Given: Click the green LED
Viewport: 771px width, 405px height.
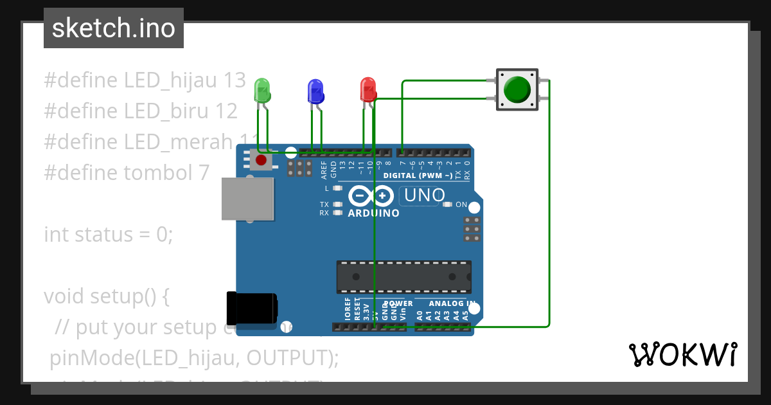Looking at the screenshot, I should (x=262, y=90).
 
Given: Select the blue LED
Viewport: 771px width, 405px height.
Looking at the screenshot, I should (x=315, y=91).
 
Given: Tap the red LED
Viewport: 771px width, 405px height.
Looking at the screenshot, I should (x=368, y=89).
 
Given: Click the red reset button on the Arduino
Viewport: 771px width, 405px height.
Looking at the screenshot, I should (x=261, y=160).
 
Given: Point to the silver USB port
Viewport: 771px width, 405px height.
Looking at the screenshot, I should (x=247, y=199).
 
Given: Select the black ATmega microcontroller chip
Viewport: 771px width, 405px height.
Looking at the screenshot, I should (x=404, y=276).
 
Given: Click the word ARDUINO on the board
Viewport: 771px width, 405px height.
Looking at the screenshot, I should (x=373, y=213).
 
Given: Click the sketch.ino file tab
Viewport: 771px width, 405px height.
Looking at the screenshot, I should (x=114, y=28).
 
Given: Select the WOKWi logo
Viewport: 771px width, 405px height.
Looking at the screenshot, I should (x=682, y=354).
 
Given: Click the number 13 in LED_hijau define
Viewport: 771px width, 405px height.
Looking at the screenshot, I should (x=235, y=80).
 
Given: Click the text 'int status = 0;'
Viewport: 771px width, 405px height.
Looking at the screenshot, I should (x=109, y=234).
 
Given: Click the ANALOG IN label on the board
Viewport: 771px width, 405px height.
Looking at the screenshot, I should (x=452, y=303).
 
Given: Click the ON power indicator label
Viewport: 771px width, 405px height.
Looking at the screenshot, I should (x=461, y=204).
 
